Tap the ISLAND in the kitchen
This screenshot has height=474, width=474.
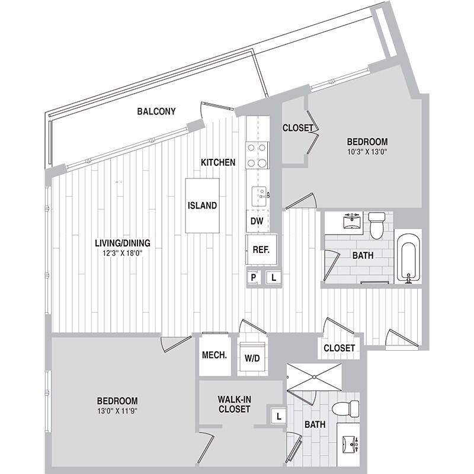pyautogui.click(x=202, y=206)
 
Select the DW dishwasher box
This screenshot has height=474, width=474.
pyautogui.click(x=256, y=221)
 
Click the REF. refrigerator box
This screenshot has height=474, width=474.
pyautogui.click(x=261, y=249)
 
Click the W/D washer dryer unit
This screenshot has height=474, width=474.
pyautogui.click(x=252, y=358)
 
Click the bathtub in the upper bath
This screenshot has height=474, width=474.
pyautogui.click(x=408, y=259)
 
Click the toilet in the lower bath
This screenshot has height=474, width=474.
pyautogui.click(x=347, y=408)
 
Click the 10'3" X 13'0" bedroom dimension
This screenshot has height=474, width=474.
pyautogui.click(x=367, y=152)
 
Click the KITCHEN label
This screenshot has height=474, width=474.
pyautogui.click(x=218, y=162)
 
